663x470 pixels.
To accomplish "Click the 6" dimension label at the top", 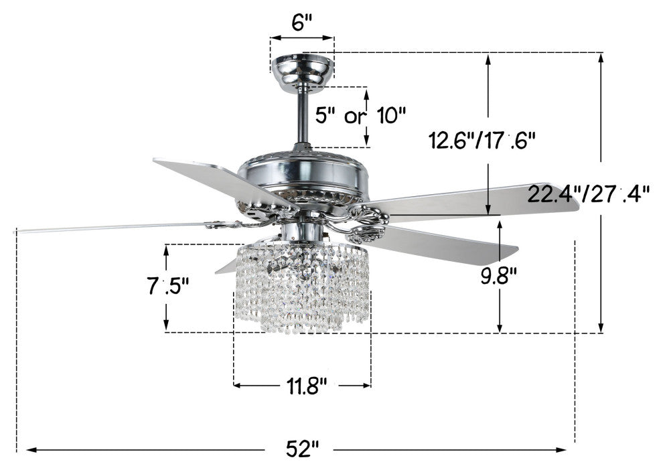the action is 302,23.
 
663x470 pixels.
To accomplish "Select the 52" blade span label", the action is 302,448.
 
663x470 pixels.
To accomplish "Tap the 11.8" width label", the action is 307,386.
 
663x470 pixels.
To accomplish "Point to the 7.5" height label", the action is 167,286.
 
